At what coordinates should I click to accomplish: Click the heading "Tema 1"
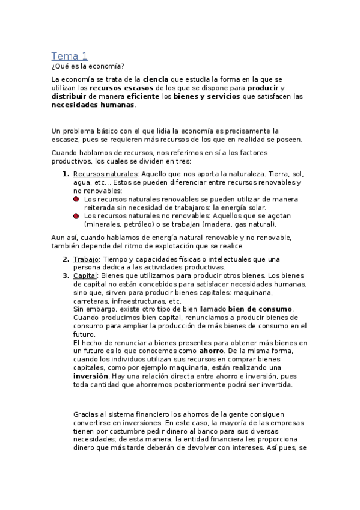point(69,56)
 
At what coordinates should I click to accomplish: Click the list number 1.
point(66,174)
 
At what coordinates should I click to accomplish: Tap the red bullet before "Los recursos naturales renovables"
point(76,198)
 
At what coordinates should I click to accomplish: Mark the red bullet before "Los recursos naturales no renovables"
point(76,215)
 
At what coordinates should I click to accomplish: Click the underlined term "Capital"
point(85,275)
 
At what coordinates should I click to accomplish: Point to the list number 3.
point(66,275)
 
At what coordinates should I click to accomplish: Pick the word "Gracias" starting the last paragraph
point(87,414)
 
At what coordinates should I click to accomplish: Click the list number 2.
point(66,259)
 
